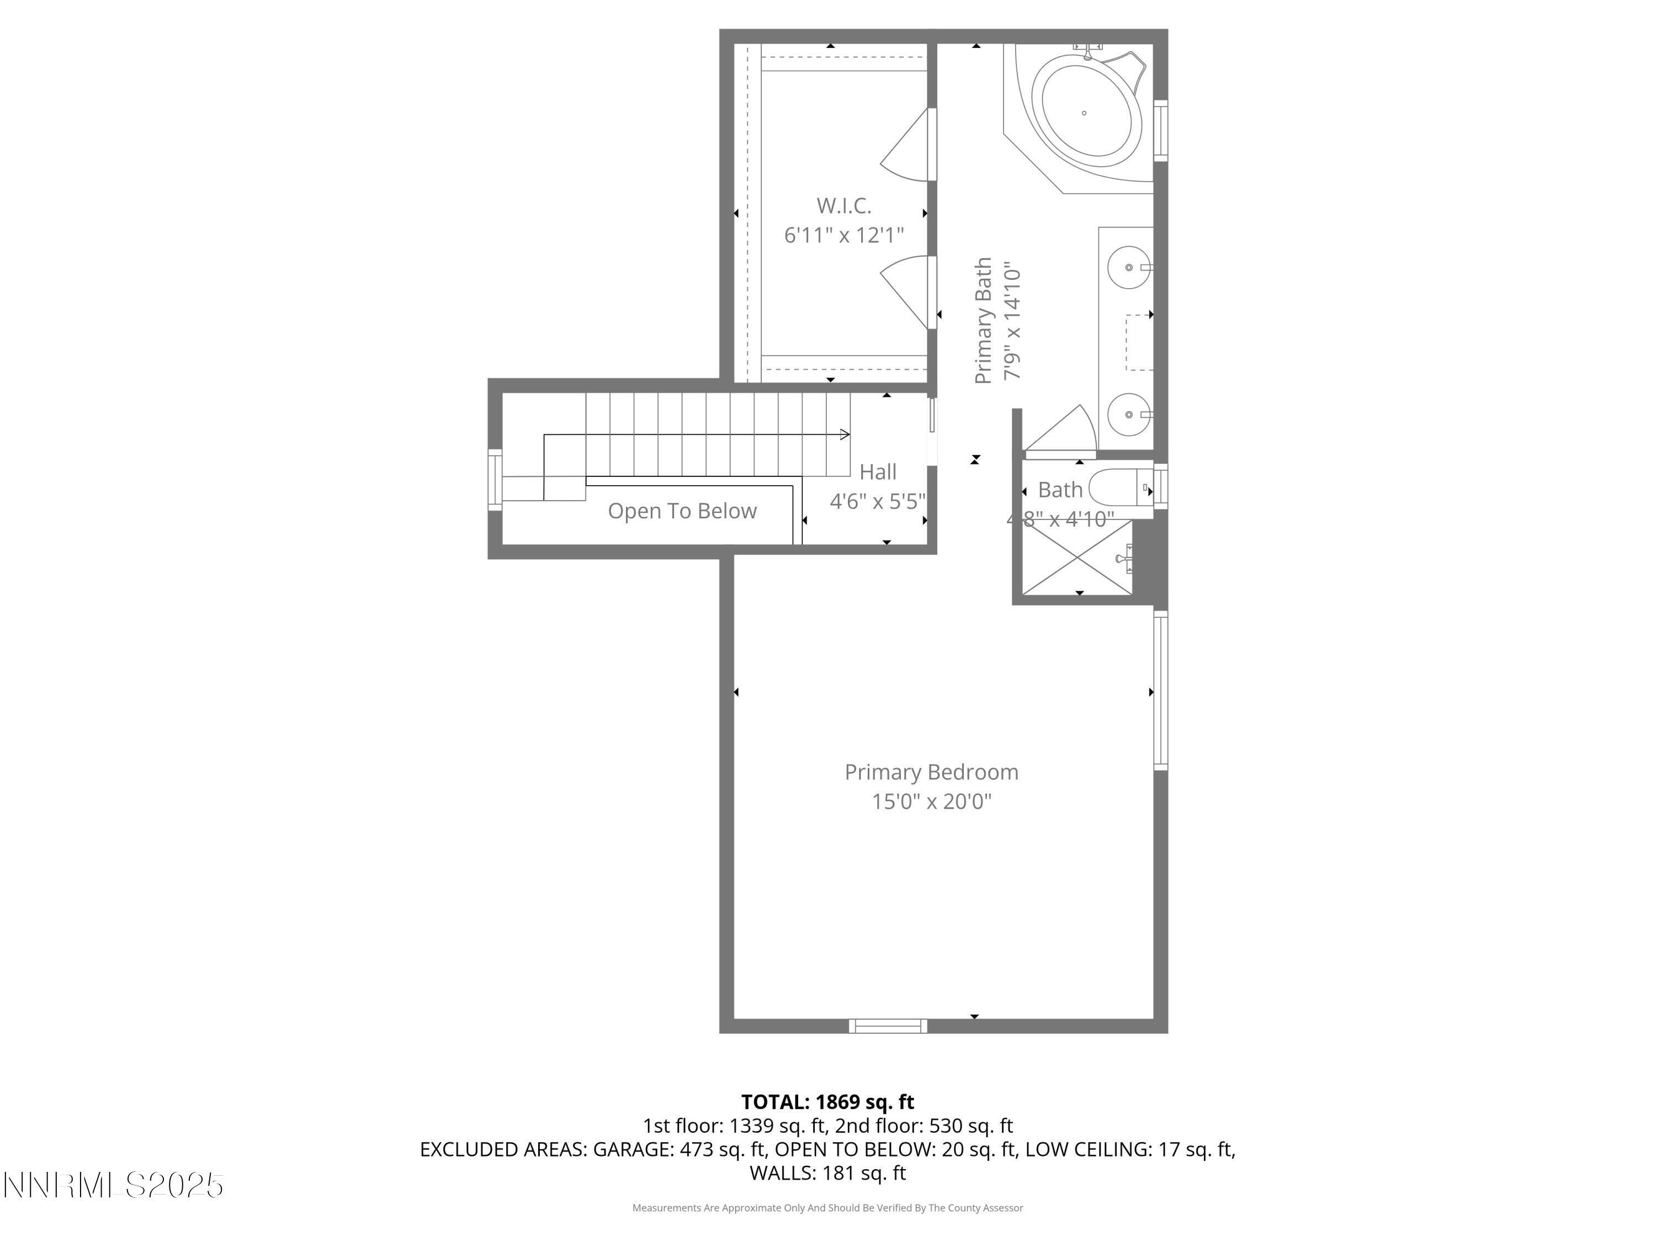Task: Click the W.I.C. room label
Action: (x=843, y=205)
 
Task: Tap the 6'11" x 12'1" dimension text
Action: (x=843, y=236)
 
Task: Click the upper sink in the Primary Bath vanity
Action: (x=1128, y=267)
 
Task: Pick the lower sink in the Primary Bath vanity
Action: (x=1128, y=414)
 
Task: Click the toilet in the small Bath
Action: (x=1119, y=487)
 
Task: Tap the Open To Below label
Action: (x=682, y=511)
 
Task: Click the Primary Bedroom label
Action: (x=931, y=772)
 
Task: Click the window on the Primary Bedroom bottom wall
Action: (x=888, y=1026)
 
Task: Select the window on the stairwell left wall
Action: (x=495, y=480)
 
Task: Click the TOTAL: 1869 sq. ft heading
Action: (x=827, y=1102)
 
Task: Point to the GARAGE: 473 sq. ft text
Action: (x=680, y=1149)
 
